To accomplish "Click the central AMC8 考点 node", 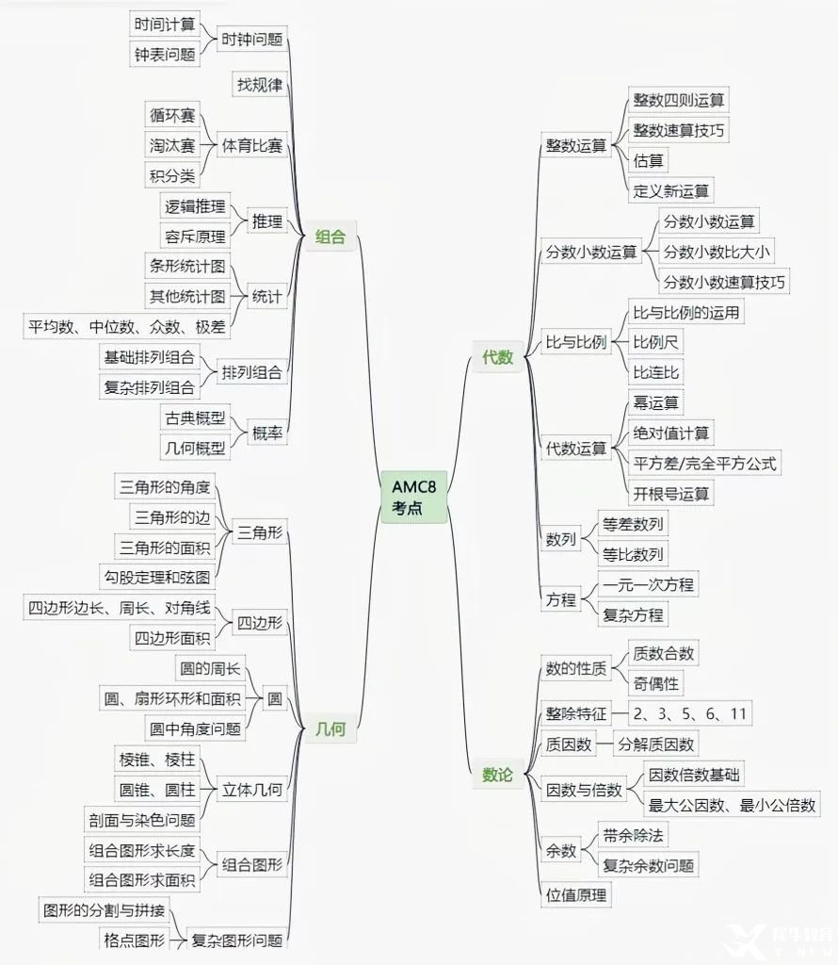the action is click(x=413, y=498).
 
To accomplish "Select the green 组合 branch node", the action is click(x=330, y=237).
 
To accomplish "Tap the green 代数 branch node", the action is click(x=497, y=357).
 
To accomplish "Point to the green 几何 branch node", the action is click(x=330, y=728).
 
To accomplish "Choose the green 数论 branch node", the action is click(x=497, y=775).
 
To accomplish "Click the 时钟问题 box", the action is click(x=252, y=40).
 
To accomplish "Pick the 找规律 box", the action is click(x=260, y=84).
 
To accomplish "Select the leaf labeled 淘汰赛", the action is click(x=172, y=145).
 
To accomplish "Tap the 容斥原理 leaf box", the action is click(x=195, y=237).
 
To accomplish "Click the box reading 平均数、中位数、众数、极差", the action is click(x=127, y=326).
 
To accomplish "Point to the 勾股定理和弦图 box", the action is click(x=157, y=578).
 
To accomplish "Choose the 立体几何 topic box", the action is click(x=252, y=789).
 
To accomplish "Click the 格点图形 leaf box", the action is click(x=134, y=940).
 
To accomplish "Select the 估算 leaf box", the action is click(x=649, y=160).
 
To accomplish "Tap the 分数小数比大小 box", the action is click(x=717, y=251).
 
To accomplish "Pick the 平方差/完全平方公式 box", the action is click(x=704, y=463).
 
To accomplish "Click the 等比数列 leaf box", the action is click(x=633, y=554).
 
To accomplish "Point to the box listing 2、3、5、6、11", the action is click(x=690, y=713).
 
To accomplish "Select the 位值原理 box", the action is click(x=576, y=895).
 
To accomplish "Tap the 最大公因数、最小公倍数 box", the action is click(x=732, y=805).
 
